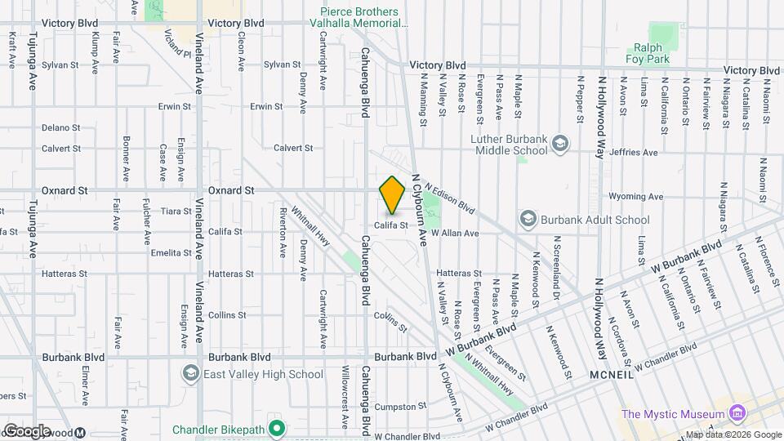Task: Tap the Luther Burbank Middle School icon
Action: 560,145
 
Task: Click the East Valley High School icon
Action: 191,374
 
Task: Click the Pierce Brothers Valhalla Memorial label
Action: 359,18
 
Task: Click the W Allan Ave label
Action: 454,233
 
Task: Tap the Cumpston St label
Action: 396,407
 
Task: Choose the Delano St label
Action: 60,127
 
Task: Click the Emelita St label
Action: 171,252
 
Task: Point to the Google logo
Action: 27,430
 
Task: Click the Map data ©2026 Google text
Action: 732,434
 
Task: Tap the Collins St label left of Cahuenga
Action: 227,314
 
